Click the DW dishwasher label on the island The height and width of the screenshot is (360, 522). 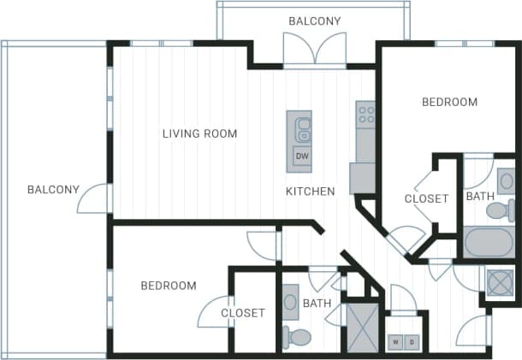(x=301, y=156)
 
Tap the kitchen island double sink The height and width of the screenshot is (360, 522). (x=302, y=130)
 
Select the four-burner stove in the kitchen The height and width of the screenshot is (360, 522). (x=366, y=114)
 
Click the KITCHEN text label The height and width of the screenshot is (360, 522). (x=310, y=192)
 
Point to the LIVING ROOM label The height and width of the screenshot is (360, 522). (x=199, y=133)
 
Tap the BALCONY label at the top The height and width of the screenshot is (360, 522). (x=314, y=21)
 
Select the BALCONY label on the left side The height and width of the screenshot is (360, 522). (x=53, y=190)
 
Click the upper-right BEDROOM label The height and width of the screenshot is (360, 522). (x=449, y=103)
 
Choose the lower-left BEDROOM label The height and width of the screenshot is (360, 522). (x=169, y=286)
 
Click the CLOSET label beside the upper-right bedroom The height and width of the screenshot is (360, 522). (x=426, y=198)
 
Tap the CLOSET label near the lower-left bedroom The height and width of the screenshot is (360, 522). (x=243, y=313)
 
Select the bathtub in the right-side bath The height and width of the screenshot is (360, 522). (x=488, y=241)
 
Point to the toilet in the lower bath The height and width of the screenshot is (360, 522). (x=297, y=337)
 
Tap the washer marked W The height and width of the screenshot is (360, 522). (x=395, y=342)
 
